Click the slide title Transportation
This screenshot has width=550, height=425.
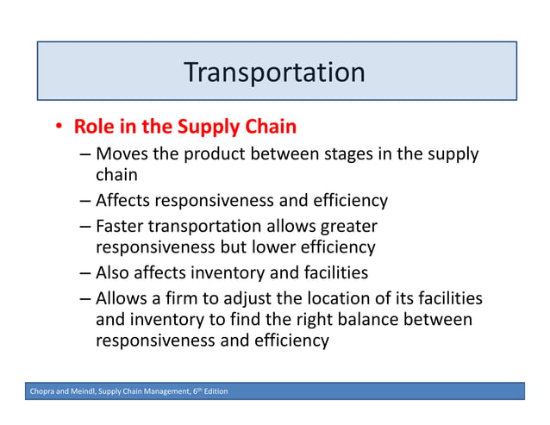pos(274,72)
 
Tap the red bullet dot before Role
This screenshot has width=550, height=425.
pos(59,128)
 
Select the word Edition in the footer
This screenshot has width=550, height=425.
pos(213,392)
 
